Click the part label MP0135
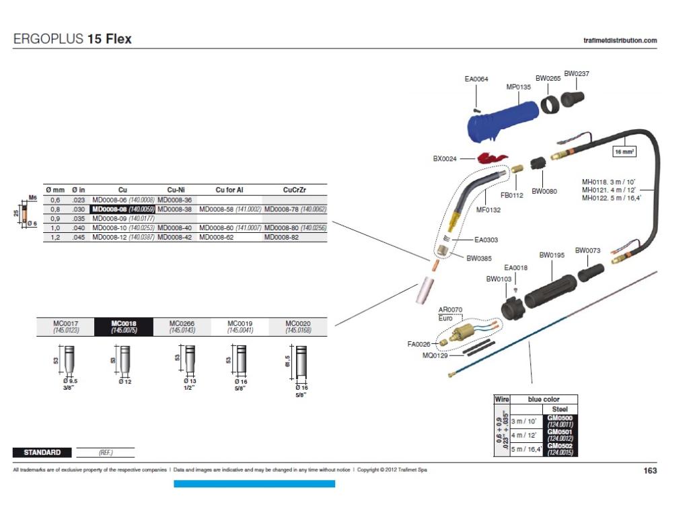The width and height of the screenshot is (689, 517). point(518,87)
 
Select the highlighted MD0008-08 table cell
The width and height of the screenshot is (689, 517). point(123,209)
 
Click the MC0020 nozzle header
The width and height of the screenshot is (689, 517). point(298,327)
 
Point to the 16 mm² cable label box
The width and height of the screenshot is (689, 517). point(624,152)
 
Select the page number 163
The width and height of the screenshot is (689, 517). point(649,471)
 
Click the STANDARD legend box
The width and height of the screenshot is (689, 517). point(42,452)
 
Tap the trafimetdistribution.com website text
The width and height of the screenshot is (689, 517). point(620,40)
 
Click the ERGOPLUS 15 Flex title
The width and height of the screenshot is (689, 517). point(73,39)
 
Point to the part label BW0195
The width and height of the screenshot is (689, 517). point(552,255)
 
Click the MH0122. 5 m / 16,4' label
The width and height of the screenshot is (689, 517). point(611,198)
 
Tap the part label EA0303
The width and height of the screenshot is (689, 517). point(486,240)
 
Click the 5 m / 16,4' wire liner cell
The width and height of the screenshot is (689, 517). point(528,449)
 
